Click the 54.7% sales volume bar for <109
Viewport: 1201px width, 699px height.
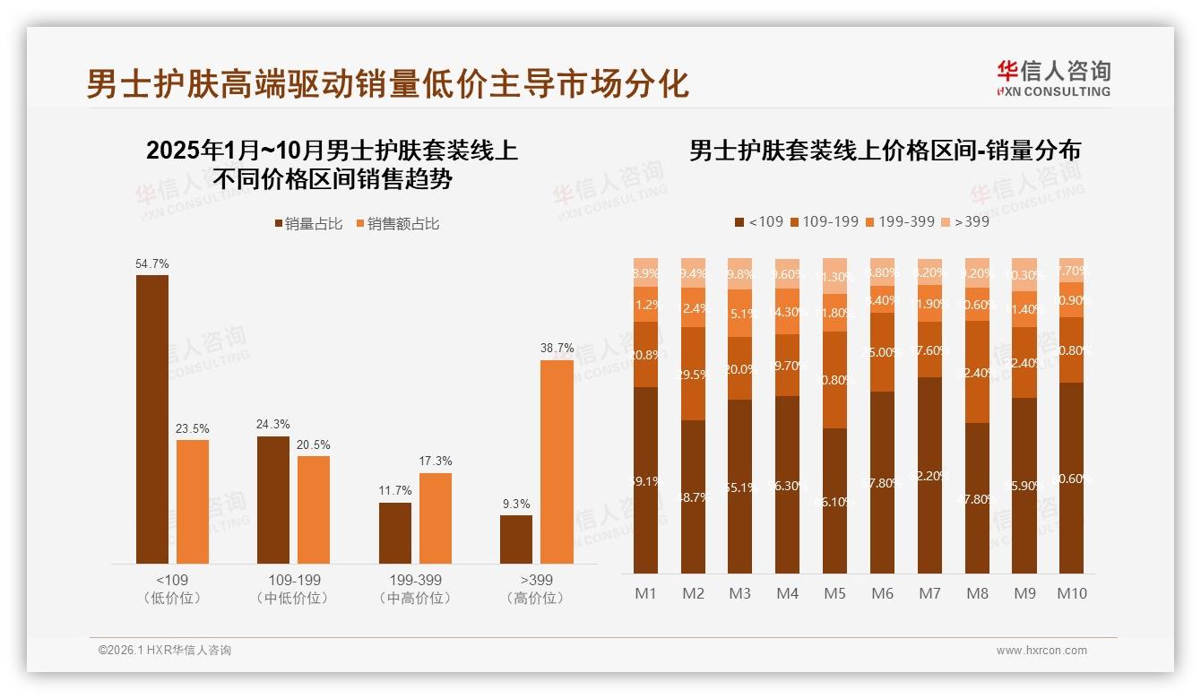click(x=152, y=419)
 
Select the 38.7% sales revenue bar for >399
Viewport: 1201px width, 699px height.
click(x=557, y=462)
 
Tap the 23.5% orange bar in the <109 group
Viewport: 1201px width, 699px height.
click(x=193, y=501)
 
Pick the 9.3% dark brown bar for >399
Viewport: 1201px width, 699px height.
click(x=516, y=539)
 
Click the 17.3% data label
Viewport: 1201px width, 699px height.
click(x=436, y=461)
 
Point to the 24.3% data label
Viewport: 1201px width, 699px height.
click(x=273, y=424)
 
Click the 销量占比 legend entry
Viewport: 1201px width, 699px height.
click(x=308, y=224)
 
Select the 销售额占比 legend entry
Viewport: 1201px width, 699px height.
click(x=398, y=224)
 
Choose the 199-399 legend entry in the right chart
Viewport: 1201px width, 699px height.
click(x=900, y=221)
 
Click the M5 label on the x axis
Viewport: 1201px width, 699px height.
click(x=834, y=593)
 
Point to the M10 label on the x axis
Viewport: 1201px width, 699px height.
click(x=1071, y=593)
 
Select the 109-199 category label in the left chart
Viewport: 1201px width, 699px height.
click(x=293, y=580)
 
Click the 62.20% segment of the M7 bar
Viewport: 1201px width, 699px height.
click(x=929, y=475)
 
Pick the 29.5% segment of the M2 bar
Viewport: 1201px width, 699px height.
click(x=693, y=374)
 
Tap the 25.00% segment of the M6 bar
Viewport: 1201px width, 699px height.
click(x=882, y=352)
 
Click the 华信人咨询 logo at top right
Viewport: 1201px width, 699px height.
click(x=1053, y=78)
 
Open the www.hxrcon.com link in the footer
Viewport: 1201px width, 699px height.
click(x=1041, y=651)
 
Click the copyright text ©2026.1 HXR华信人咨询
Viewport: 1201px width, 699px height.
click(x=165, y=651)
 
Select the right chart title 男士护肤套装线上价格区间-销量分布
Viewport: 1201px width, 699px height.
click(x=885, y=151)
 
